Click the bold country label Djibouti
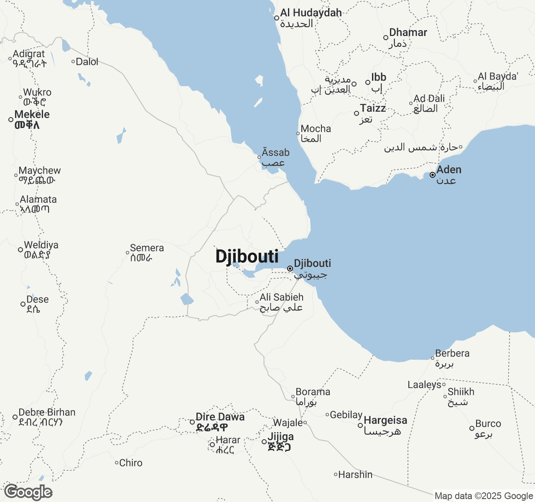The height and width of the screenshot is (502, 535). point(247,256)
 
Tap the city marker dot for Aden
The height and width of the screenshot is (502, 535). point(432,175)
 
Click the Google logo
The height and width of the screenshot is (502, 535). point(28,492)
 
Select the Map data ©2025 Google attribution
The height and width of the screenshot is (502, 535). point(484,496)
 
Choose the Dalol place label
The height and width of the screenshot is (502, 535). point(87,62)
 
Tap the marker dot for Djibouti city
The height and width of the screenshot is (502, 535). point(290,269)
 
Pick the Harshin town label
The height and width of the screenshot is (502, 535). point(355,475)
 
